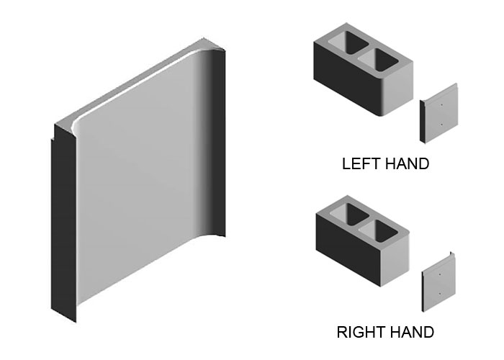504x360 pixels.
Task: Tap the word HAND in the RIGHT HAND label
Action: (x=411, y=332)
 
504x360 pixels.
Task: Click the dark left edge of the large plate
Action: (x=60, y=223)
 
